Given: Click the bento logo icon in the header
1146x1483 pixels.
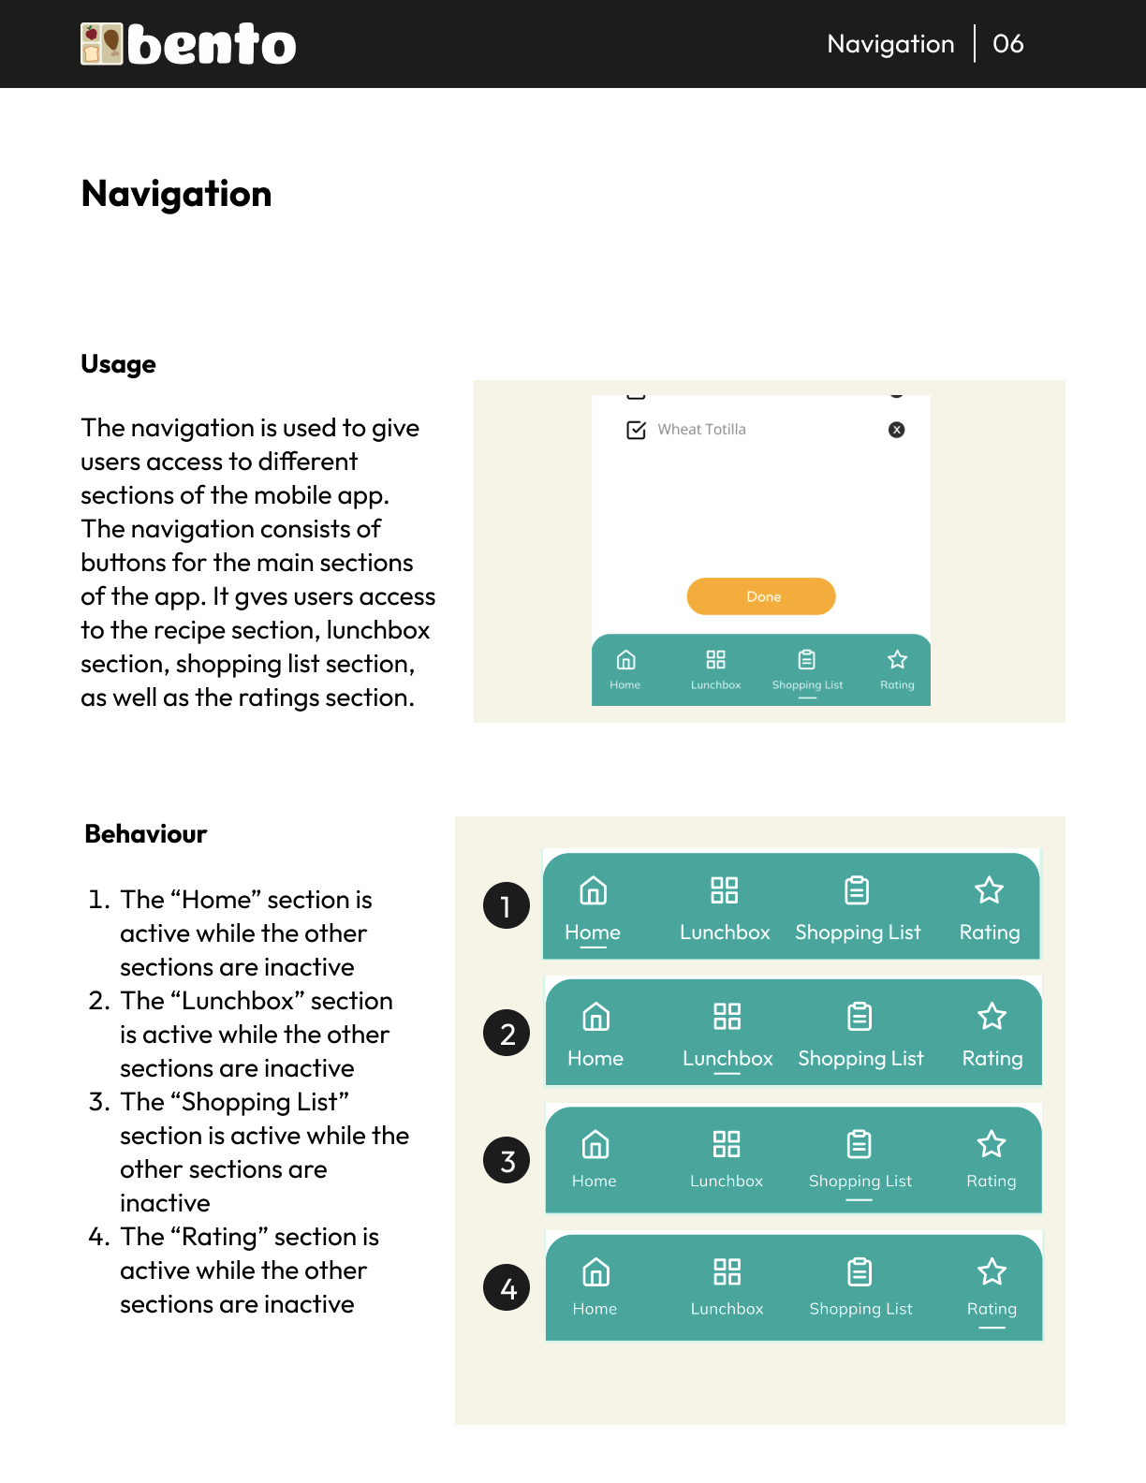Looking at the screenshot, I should (102, 44).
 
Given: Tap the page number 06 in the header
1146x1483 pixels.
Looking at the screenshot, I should (1007, 44).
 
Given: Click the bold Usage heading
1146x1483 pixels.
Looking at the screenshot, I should (118, 364).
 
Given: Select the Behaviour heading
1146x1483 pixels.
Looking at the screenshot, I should (145, 834).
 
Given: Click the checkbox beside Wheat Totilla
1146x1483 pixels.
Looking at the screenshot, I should (636, 430).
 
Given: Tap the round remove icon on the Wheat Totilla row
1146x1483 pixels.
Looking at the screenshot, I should (896, 430).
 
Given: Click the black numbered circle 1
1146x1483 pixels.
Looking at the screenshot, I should (507, 905).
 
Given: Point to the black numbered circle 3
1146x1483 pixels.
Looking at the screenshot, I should (507, 1160).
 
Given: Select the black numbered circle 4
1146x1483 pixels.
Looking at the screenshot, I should (507, 1287).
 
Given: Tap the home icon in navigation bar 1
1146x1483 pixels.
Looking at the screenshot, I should (593, 890).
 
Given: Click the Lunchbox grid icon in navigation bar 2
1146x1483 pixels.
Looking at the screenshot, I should (727, 1016).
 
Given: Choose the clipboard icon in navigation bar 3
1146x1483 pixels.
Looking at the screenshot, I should (859, 1143).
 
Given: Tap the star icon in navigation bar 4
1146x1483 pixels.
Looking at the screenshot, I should (992, 1271).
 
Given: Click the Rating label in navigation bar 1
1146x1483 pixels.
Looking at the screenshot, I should (990, 932).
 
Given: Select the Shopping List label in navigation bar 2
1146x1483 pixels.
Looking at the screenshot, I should (860, 1059).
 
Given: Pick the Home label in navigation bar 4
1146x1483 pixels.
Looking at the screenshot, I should (595, 1309).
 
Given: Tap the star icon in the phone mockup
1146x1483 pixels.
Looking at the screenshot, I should (897, 660).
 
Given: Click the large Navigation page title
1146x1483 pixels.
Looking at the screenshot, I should (176, 194).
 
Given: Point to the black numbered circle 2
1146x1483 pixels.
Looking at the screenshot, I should (507, 1033).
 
